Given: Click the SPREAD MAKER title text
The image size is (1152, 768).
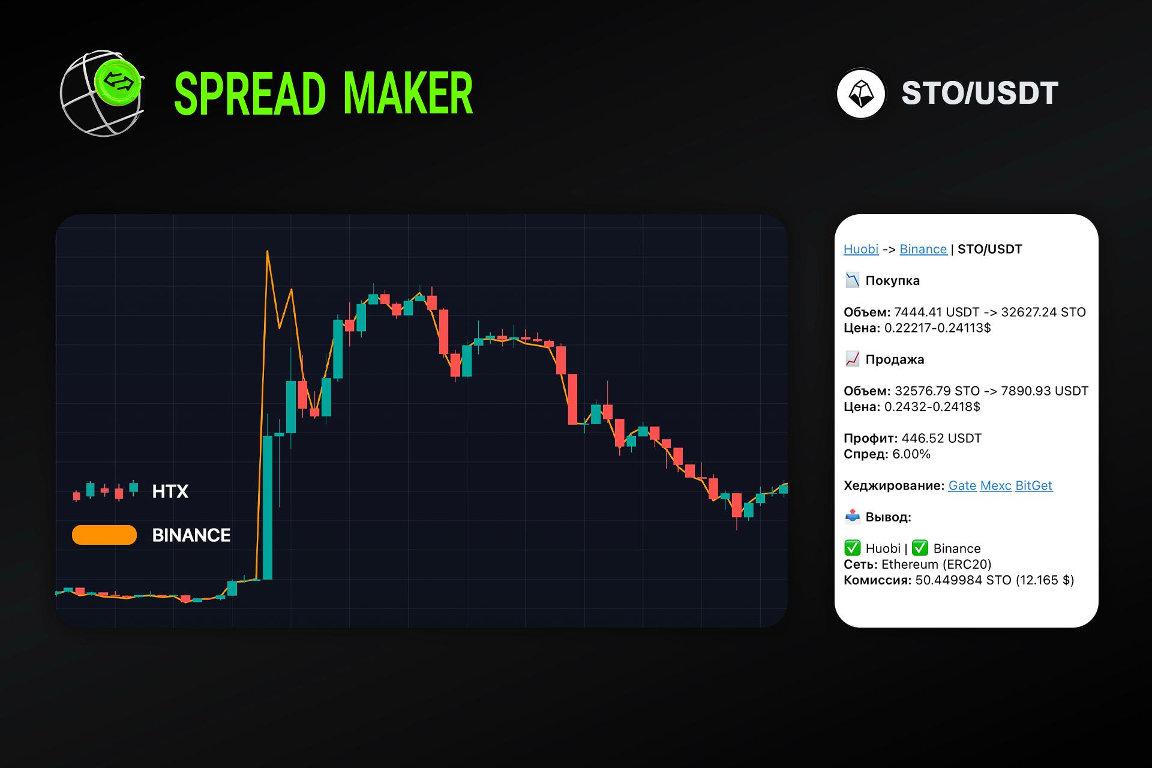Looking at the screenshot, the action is pyautogui.click(x=323, y=94).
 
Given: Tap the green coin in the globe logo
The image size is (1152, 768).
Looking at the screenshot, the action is pyautogui.click(x=118, y=80).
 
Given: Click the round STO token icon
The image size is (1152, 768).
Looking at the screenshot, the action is pyautogui.click(x=861, y=94).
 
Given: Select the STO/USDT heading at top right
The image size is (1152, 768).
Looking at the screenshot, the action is pyautogui.click(x=980, y=94).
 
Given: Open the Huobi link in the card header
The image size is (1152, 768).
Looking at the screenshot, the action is pyautogui.click(x=861, y=249).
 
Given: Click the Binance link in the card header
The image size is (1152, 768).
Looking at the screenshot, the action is pyautogui.click(x=923, y=249).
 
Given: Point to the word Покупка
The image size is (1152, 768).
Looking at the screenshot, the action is pyautogui.click(x=892, y=280).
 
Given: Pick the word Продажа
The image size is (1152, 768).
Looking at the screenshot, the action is pyautogui.click(x=895, y=359).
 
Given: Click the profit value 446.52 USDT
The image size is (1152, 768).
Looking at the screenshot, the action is pyautogui.click(x=941, y=438).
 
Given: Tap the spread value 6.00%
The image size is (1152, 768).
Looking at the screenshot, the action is pyautogui.click(x=911, y=454).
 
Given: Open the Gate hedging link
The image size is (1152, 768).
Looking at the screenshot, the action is pyautogui.click(x=962, y=485).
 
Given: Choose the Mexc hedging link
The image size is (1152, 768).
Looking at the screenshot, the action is pyautogui.click(x=995, y=485).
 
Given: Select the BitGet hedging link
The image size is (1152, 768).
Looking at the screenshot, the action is pyautogui.click(x=1034, y=485).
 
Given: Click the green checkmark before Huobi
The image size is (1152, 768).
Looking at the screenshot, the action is pyautogui.click(x=852, y=548).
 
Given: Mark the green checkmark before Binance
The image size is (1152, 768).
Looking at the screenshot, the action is pyautogui.click(x=920, y=548).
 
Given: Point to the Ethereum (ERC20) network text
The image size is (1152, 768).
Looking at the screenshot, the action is pyautogui.click(x=937, y=564).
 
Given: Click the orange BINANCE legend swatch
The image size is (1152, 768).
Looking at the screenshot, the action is pyautogui.click(x=104, y=535).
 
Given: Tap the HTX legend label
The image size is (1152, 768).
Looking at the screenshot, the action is pyautogui.click(x=170, y=492).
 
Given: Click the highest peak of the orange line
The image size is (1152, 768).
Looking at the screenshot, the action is pyautogui.click(x=267, y=251).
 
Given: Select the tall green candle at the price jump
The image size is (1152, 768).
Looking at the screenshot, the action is pyautogui.click(x=268, y=508).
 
